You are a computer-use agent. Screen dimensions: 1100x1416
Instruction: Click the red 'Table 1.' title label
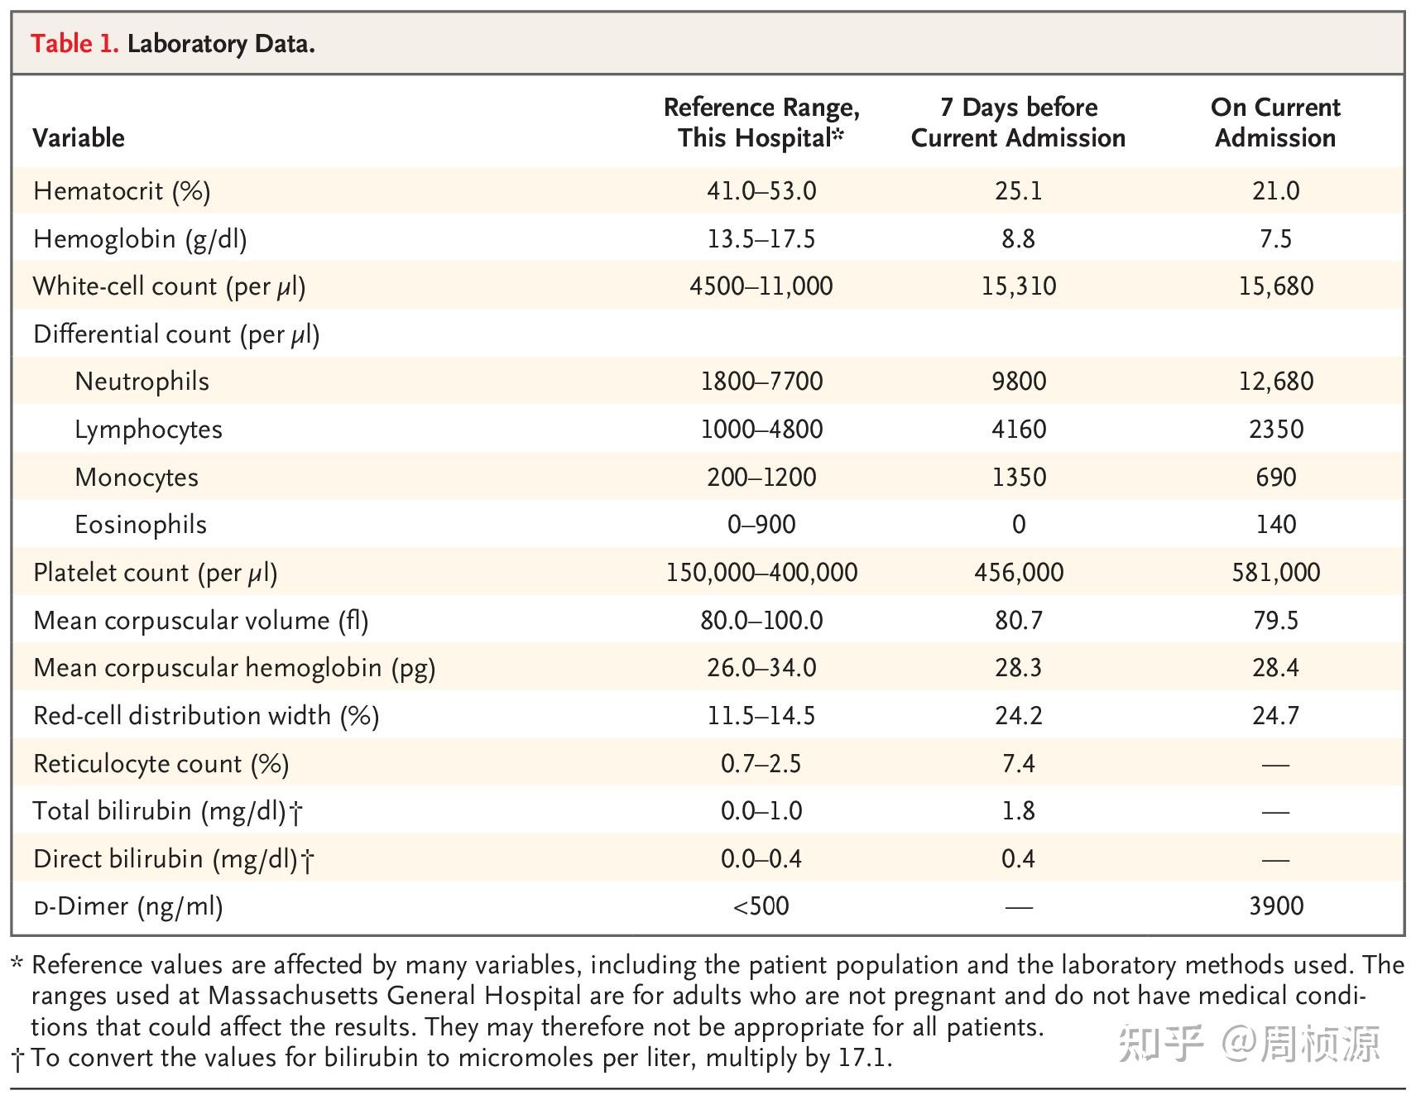[x=74, y=44]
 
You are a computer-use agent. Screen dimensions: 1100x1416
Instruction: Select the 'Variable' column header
[x=79, y=137]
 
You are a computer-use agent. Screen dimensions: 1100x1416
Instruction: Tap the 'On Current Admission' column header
[x=1274, y=122]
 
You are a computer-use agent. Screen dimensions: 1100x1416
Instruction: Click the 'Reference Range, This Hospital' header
[x=761, y=122]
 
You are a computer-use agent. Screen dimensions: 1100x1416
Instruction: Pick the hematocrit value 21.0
[x=1275, y=191]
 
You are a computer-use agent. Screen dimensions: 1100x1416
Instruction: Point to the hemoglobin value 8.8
[x=1018, y=239]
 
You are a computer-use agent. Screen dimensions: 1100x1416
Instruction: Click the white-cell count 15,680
[x=1275, y=286]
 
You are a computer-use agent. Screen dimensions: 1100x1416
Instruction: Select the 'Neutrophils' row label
[x=142, y=382]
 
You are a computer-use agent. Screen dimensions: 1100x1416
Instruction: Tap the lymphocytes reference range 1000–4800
[x=761, y=430]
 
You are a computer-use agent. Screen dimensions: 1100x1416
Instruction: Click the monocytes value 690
[x=1275, y=478]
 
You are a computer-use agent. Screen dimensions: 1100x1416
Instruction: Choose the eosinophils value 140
[x=1275, y=525]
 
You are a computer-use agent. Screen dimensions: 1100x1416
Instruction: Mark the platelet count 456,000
[x=1018, y=573]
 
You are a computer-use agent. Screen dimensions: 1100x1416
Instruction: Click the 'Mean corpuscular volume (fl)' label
[x=200, y=621]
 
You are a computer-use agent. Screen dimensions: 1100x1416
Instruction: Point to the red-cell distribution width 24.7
[x=1275, y=716]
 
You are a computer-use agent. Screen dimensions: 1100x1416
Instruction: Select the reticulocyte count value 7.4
[x=1018, y=764]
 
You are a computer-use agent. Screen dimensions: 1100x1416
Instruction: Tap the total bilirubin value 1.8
[x=1018, y=811]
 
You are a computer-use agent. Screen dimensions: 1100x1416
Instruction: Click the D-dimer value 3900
[x=1275, y=906]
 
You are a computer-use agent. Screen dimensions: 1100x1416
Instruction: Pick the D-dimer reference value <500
[x=761, y=906]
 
